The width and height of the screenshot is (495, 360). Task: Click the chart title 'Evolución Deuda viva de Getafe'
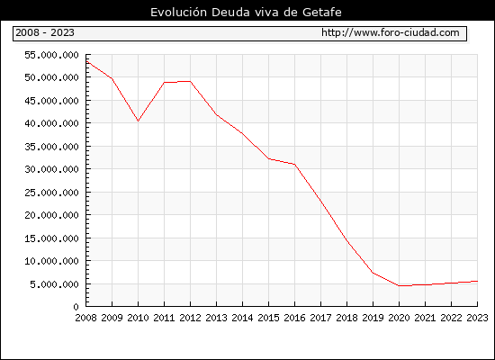click(246, 12)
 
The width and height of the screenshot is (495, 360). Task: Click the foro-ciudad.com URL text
click(391, 32)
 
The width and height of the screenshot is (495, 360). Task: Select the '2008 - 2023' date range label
click(45, 32)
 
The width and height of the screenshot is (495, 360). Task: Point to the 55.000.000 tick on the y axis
click(51, 55)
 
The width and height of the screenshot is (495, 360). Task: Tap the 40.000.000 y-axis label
click(51, 123)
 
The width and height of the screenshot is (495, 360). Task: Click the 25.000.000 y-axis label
click(51, 193)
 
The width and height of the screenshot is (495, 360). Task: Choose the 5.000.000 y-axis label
click(54, 284)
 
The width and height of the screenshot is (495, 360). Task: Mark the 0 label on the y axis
click(76, 307)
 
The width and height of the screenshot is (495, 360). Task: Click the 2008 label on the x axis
click(85, 318)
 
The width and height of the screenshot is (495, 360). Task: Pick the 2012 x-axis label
click(191, 318)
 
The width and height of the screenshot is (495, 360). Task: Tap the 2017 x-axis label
click(320, 318)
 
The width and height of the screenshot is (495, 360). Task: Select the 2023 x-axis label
click(477, 318)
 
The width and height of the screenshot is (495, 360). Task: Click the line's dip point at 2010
click(138, 121)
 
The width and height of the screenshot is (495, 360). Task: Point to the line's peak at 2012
click(191, 82)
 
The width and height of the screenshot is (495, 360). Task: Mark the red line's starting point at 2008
click(86, 61)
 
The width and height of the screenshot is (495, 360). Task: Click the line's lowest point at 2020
click(399, 285)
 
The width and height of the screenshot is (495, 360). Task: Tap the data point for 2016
click(295, 164)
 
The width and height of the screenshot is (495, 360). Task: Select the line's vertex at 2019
click(373, 273)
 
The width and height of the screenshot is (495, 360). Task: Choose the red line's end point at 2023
click(477, 281)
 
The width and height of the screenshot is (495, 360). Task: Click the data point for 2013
click(217, 114)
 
